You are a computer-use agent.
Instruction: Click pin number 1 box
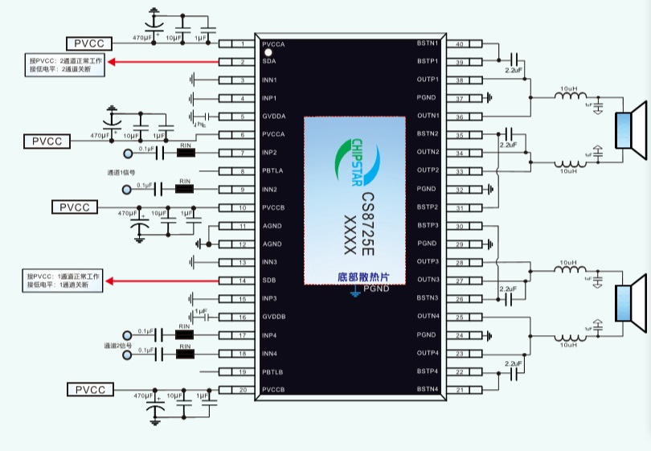(243, 43)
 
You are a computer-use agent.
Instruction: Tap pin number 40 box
(460, 43)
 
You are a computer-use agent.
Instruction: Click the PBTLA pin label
(273, 171)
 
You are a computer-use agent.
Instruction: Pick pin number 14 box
(243, 281)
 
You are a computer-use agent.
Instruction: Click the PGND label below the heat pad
(376, 289)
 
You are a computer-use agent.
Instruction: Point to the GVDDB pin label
(273, 317)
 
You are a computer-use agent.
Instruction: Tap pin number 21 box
(460, 390)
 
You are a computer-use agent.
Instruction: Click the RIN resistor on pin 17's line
(185, 335)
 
